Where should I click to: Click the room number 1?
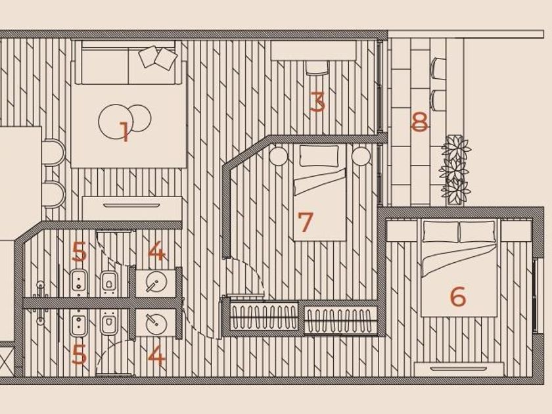pyautogui.click(x=124, y=132)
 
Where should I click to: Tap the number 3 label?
pyautogui.click(x=318, y=103)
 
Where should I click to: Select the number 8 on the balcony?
pyautogui.click(x=419, y=122)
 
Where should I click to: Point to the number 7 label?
pyautogui.click(x=304, y=222)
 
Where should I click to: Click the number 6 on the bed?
pyautogui.click(x=458, y=296)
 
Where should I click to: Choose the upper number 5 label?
pyautogui.click(x=79, y=251)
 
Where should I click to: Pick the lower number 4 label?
pyautogui.click(x=156, y=356)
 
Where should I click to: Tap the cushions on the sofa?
pyautogui.click(x=158, y=58)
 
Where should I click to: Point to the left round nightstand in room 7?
pyautogui.click(x=278, y=156)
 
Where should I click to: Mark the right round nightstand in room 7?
pyautogui.click(x=360, y=156)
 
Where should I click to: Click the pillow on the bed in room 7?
pyautogui.click(x=319, y=156)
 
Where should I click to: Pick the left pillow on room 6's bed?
pyautogui.click(x=440, y=231)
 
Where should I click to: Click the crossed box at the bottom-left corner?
pyautogui.click(x=6, y=359)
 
